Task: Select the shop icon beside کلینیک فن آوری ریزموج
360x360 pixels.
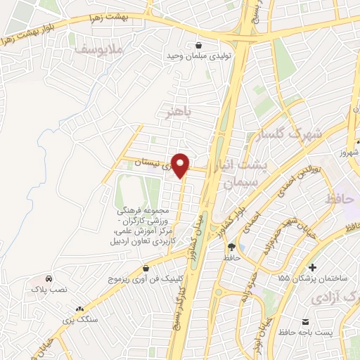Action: (146, 269)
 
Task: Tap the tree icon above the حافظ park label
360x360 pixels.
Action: (231, 247)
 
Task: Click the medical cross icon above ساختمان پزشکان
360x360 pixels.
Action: (312, 268)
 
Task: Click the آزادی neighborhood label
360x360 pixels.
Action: (330, 299)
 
